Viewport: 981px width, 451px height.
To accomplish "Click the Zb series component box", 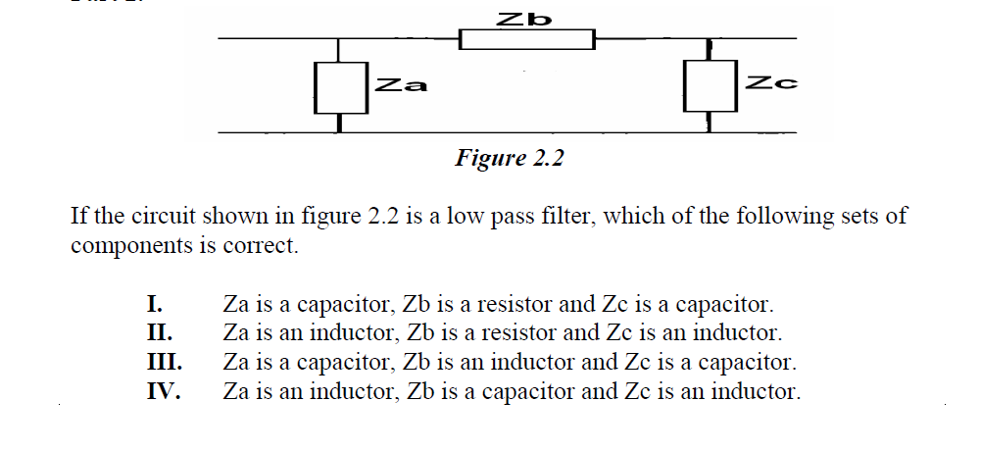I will click(x=527, y=40).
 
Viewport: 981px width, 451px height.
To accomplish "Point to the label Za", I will click(x=401, y=85).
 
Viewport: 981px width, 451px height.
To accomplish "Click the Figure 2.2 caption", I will click(x=510, y=159).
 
